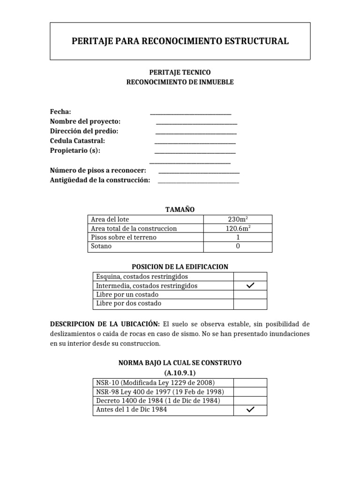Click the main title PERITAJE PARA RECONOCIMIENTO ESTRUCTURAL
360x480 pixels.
180,41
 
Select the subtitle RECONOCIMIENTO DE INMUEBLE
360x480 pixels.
180,82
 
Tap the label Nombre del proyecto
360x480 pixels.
85,121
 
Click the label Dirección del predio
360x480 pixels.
84,131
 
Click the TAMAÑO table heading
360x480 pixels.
180,210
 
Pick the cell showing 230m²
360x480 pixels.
238,219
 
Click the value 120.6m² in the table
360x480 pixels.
238,228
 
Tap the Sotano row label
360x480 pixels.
101,246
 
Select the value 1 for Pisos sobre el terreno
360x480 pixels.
238,237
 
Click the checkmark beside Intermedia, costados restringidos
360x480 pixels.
250,286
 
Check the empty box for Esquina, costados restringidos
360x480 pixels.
250,277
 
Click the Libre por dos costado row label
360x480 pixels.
128,303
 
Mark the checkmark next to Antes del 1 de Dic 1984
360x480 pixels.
250,410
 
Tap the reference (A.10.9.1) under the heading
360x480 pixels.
180,373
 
